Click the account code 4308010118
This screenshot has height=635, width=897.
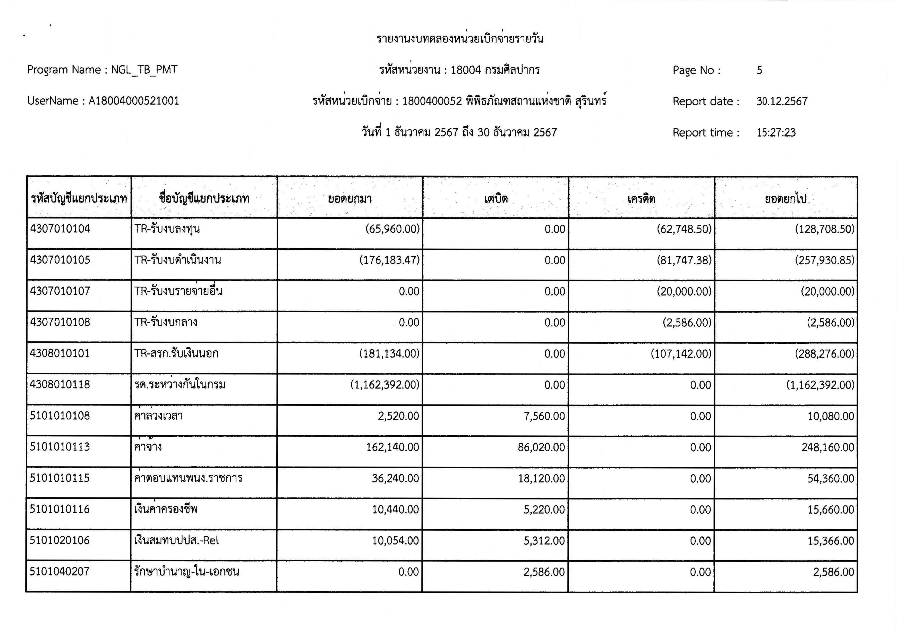point(60,384)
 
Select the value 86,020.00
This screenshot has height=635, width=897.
point(541,447)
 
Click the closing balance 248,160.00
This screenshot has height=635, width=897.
point(827,447)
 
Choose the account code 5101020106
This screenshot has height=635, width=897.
point(60,540)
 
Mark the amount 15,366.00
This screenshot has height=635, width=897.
point(831,541)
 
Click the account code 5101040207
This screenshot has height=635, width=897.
point(60,572)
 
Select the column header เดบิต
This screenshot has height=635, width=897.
point(496,199)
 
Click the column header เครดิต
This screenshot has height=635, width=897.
point(641,199)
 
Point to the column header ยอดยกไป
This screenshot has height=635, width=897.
point(785,199)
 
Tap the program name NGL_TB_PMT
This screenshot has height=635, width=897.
point(144,70)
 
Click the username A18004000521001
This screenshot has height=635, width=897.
point(134,101)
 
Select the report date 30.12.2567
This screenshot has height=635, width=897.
point(782,101)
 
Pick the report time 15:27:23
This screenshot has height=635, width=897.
point(776,133)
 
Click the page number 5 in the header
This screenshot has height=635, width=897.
point(759,70)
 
